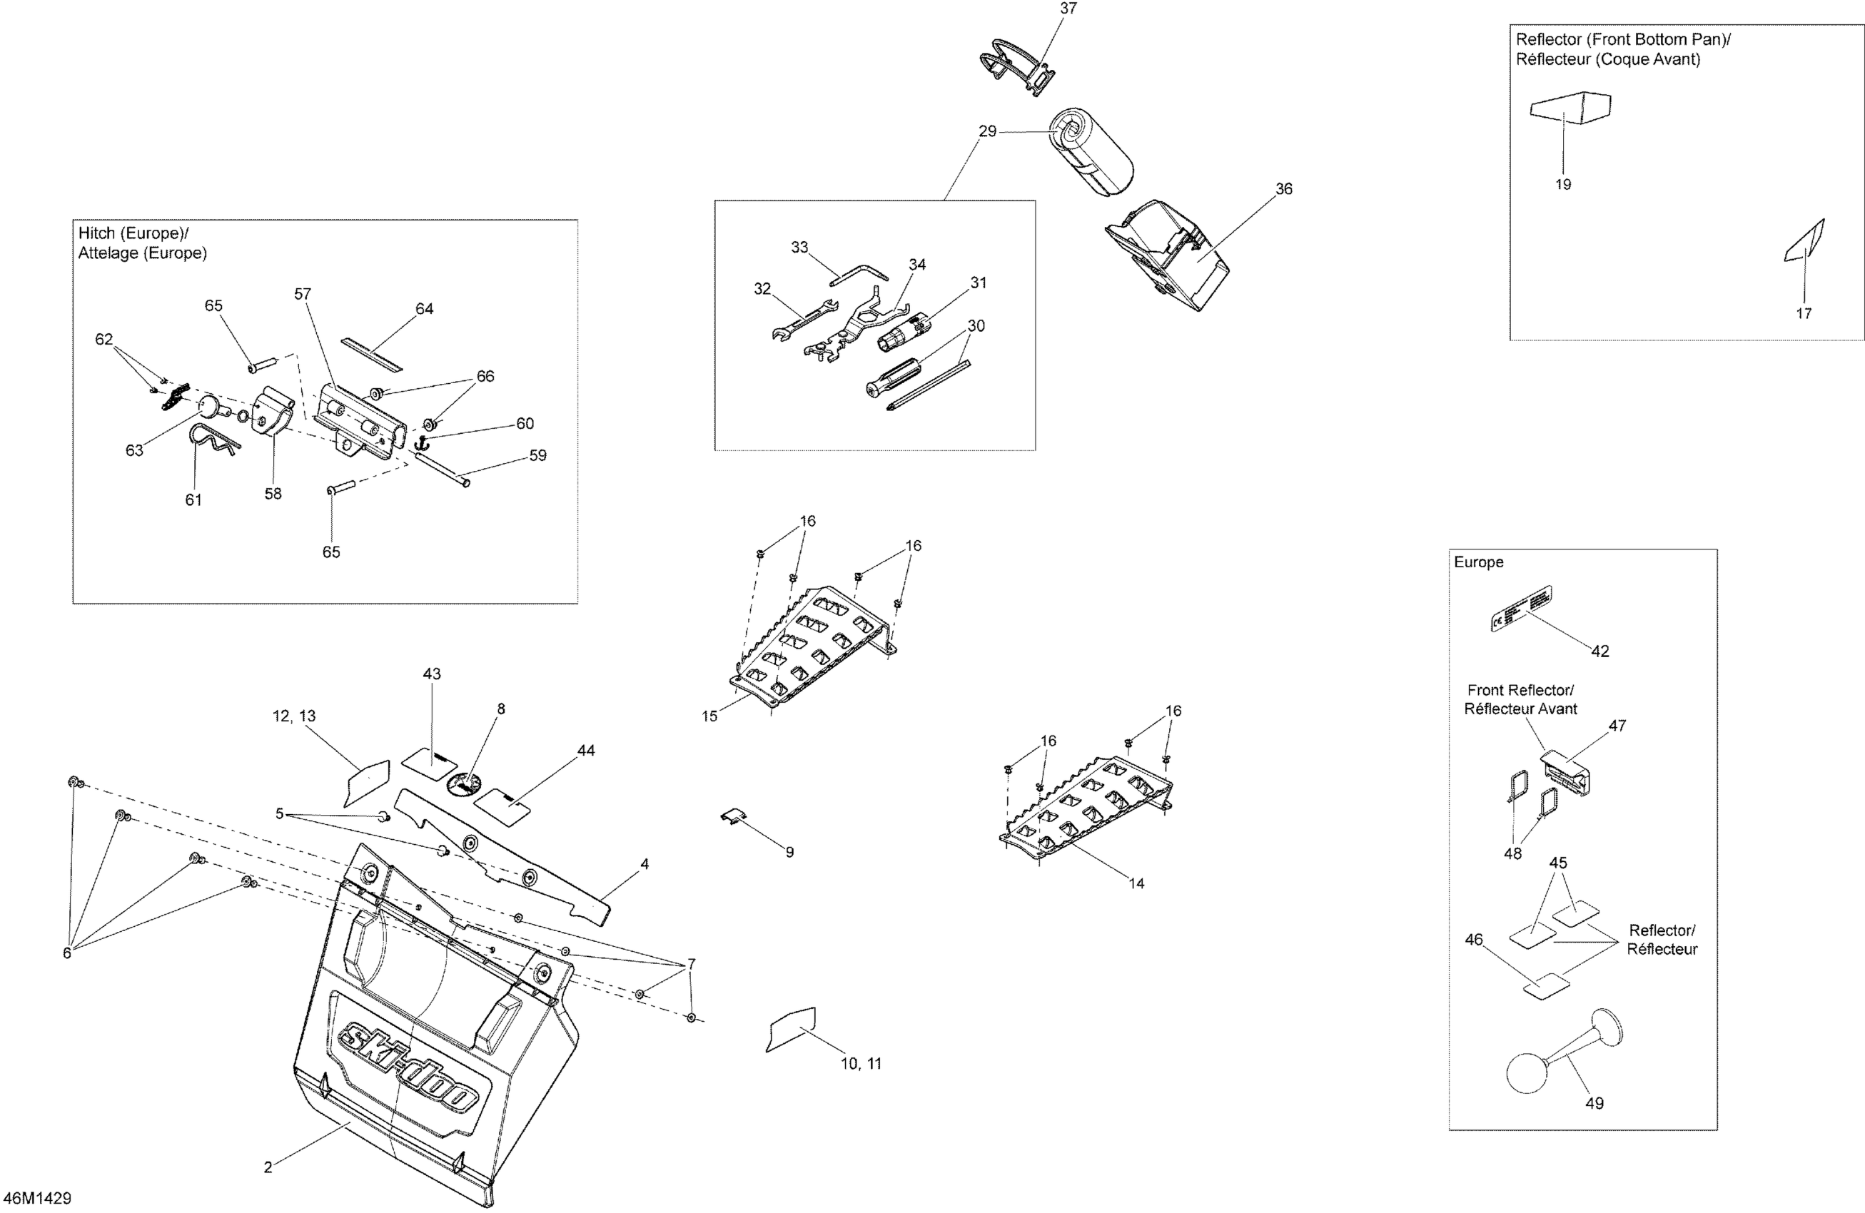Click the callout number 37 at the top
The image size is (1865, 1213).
(x=1068, y=9)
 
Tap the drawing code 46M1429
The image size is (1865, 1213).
(x=37, y=1198)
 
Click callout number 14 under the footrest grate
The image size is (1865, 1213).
(x=1136, y=884)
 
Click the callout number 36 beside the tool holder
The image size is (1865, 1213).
(x=1283, y=189)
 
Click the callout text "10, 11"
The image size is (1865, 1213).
(x=861, y=1063)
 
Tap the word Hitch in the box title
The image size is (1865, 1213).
(x=96, y=233)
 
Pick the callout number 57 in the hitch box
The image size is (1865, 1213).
(x=303, y=294)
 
